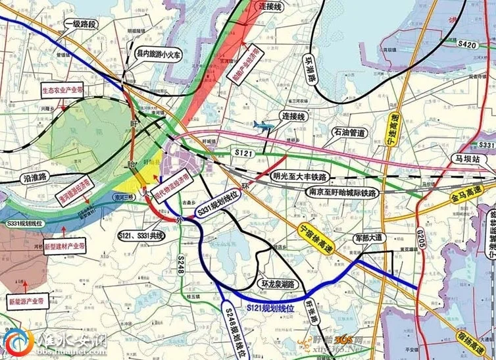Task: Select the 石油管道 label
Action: pyautogui.click(x=349, y=133)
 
